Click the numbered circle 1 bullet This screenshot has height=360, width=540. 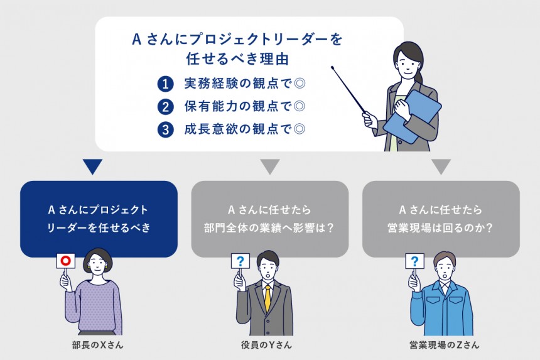point(165,84)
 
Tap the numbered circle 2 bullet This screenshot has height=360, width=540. point(165,107)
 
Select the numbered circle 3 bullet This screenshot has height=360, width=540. point(165,129)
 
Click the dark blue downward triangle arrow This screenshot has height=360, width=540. point(92,166)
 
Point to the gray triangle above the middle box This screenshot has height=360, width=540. point(269,166)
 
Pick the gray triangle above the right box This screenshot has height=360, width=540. point(441,166)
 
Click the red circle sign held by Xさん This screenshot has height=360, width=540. point(65,261)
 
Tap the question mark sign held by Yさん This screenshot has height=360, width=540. point(240,261)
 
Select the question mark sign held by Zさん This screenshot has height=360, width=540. point(414,261)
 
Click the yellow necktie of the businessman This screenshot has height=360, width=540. point(267,297)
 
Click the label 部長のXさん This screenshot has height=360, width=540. point(97,345)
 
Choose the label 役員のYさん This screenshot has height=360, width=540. point(266,345)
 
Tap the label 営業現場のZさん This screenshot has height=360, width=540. point(445,345)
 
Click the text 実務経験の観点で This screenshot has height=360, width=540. point(238,84)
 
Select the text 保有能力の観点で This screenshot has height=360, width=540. point(238,106)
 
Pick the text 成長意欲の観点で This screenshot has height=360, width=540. point(238,129)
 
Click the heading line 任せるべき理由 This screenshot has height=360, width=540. point(237,58)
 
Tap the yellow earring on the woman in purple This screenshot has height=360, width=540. point(89,268)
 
